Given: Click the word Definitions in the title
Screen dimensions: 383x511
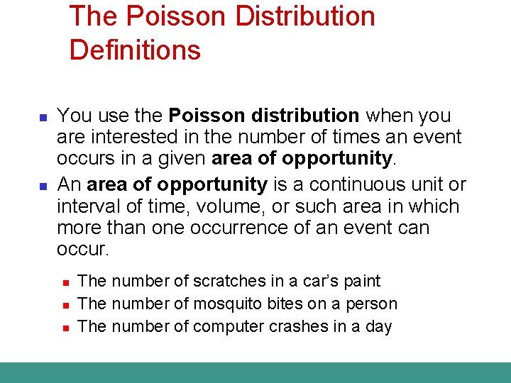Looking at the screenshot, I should pos(135,50).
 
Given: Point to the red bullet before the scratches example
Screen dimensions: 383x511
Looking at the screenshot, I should pos(64,282).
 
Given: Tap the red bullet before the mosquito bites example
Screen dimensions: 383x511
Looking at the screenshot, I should pos(64,305).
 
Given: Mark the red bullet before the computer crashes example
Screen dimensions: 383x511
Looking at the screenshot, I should pos(64,328).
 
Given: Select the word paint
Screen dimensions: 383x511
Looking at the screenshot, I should pos(362,282).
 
